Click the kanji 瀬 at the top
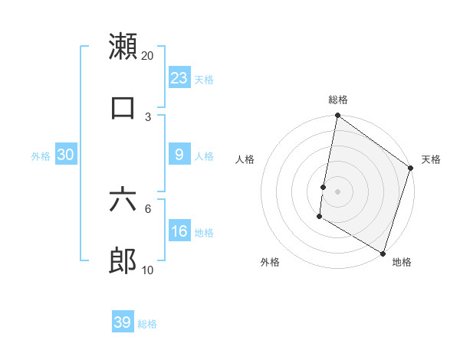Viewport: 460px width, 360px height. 123,46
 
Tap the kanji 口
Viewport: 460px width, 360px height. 123,106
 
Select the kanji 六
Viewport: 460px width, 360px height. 123,201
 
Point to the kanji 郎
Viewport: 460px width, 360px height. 123,262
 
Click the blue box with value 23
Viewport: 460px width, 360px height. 179,78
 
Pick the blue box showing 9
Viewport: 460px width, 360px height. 179,155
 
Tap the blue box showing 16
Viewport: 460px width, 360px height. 179,231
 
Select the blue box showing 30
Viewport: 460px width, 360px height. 66,155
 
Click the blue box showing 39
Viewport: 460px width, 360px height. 123,322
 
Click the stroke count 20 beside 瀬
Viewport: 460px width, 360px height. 148,55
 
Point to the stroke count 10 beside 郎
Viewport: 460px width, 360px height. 148,270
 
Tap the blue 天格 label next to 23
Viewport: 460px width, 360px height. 204,80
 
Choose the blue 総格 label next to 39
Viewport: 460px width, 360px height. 147,324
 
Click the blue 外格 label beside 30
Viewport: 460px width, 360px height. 41,156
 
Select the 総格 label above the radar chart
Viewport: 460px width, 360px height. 337,100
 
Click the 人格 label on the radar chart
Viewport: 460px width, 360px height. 245,159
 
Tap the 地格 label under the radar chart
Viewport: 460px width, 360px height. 402,262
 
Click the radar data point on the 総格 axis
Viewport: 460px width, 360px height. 337,116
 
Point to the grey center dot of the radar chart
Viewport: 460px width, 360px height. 337,189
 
